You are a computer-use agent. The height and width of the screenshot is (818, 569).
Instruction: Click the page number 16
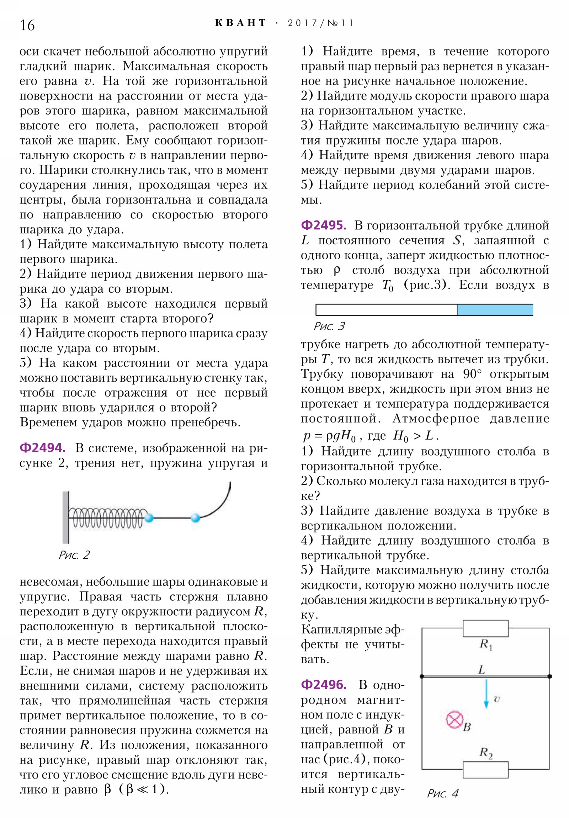[27, 25]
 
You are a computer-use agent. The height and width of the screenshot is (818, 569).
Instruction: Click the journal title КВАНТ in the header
[240, 23]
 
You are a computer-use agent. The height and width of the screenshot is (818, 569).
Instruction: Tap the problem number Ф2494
[42, 448]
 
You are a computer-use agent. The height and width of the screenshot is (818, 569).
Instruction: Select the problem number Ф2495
[323, 225]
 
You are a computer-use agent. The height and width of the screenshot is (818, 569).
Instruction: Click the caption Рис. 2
[74, 555]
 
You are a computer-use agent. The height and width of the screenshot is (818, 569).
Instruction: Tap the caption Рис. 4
[442, 793]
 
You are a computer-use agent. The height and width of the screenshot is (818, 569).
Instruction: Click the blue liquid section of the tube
[495, 310]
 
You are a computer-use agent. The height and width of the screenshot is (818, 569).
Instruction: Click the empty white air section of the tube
[386, 310]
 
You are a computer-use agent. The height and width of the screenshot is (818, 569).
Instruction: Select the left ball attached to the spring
[149, 517]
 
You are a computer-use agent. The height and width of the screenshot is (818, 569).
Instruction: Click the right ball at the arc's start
[196, 517]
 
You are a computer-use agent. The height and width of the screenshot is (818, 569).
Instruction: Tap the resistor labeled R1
[485, 628]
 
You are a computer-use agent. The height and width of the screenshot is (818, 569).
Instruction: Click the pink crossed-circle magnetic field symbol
[454, 719]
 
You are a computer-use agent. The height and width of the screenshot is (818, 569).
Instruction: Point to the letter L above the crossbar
[482, 669]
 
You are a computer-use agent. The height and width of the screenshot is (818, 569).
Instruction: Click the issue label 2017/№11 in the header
[320, 23]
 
